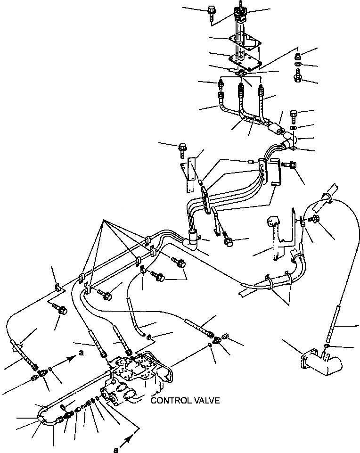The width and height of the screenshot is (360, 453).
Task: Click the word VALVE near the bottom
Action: click(x=206, y=401)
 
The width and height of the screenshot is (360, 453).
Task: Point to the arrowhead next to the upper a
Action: click(x=71, y=358)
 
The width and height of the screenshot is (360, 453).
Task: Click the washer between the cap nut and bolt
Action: click(x=298, y=65)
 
